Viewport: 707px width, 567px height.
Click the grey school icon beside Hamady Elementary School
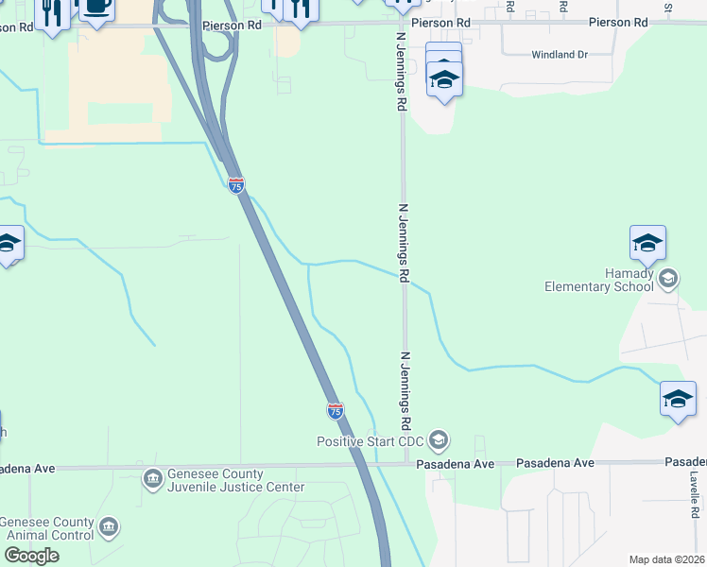pos(669,277)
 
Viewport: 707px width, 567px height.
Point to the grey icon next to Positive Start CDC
pos(438,440)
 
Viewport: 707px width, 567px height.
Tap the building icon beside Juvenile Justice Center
pos(152,479)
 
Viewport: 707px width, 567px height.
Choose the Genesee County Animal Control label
pos(47,529)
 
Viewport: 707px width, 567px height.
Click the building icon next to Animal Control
pos(110,525)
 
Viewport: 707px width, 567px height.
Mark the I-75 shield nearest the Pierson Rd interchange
pos(236,186)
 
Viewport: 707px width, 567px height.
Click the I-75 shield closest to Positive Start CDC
pos(335,411)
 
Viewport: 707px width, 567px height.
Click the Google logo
pos(32,556)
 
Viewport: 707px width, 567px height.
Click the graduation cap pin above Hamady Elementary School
pos(648,244)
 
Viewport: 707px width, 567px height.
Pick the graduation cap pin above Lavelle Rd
pos(678,399)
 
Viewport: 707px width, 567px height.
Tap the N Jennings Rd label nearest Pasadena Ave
pos(406,387)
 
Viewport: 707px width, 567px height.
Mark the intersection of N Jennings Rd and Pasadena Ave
pos(406,464)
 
